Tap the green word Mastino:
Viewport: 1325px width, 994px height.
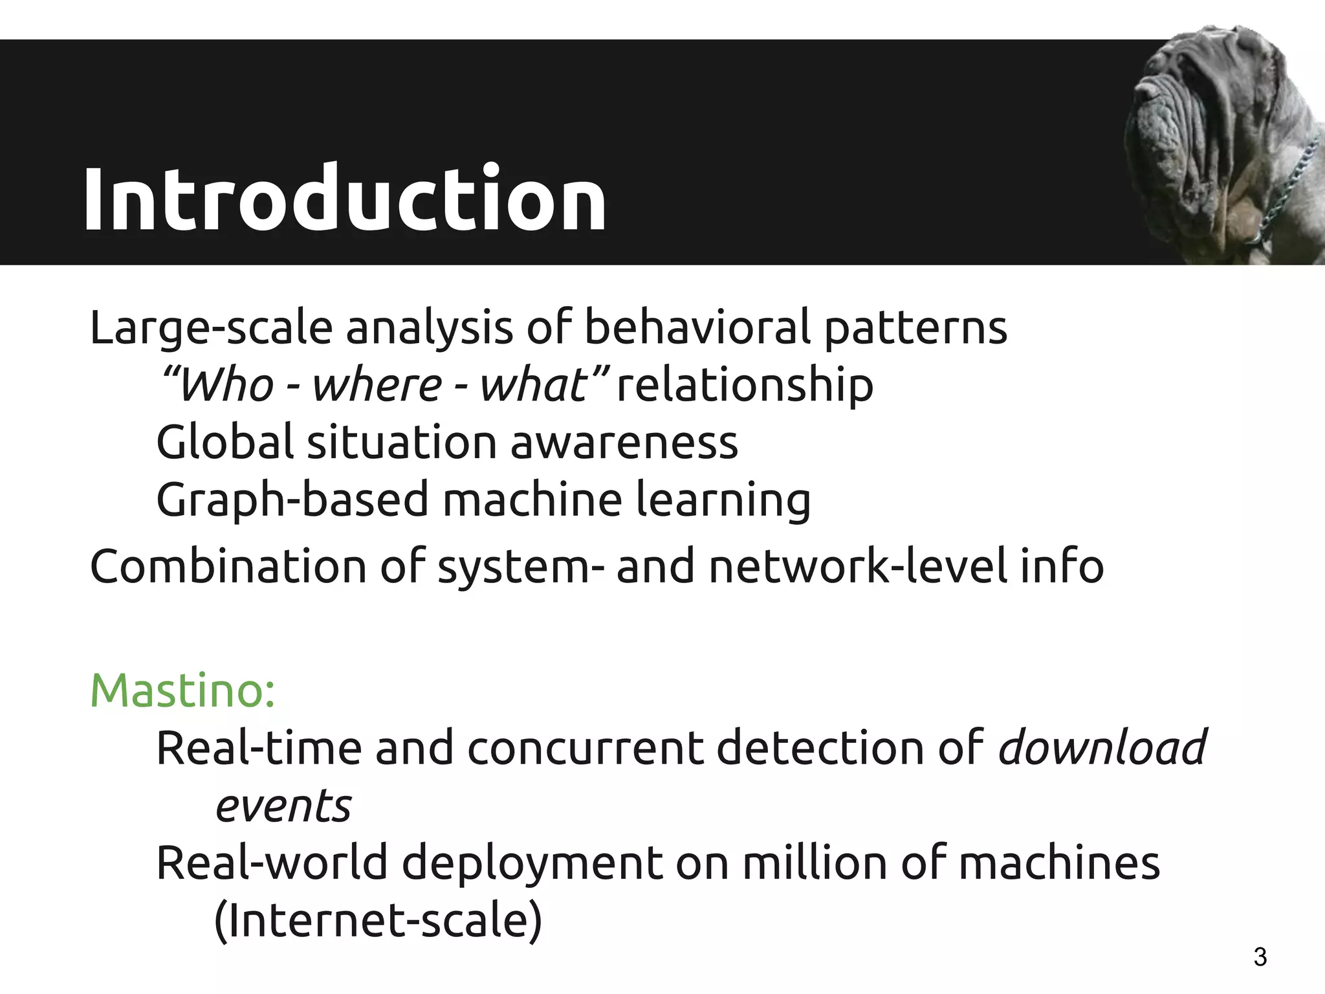tap(183, 690)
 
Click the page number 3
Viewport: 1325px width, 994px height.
tap(1260, 956)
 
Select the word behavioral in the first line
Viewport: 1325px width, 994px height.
tap(697, 327)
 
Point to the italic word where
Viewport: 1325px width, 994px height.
tap(377, 385)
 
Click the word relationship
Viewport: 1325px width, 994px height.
tap(745, 385)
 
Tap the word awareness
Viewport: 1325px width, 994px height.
tap(624, 443)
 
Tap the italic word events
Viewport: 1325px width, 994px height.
tap(283, 806)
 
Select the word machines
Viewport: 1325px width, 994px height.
tap(1059, 863)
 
